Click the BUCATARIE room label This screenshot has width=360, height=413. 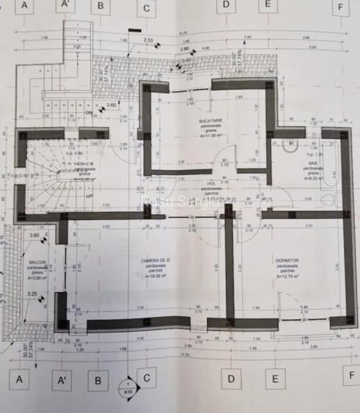[213, 120]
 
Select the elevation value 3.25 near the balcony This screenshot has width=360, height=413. [32, 294]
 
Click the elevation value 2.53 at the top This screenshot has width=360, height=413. [148, 40]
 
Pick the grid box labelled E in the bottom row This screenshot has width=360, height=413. [276, 379]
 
